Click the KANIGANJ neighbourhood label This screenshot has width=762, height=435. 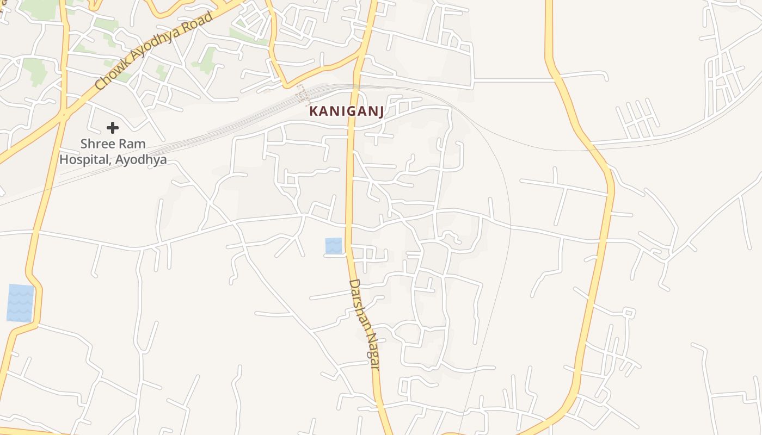347,111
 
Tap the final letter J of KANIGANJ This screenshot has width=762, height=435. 380,112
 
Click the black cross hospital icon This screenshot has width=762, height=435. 113,128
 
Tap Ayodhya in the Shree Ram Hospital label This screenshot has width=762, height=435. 141,160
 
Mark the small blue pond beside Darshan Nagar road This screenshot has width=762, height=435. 334,245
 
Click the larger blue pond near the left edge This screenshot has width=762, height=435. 20,303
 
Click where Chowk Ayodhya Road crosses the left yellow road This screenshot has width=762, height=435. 64,113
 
